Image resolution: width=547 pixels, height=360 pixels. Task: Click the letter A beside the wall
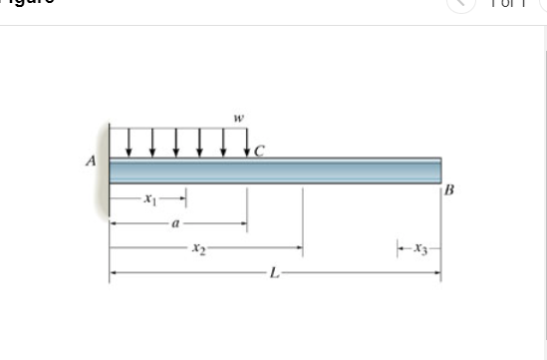coord(91,161)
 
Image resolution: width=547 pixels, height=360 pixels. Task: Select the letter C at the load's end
coord(261,152)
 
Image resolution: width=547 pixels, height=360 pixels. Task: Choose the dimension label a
coord(176,225)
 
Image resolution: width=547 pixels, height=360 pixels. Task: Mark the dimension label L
coord(271,271)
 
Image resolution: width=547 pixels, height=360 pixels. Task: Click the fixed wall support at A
coord(104,170)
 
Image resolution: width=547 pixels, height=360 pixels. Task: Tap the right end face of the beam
coord(439,171)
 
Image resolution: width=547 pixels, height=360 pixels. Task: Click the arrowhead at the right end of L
coord(436,271)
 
